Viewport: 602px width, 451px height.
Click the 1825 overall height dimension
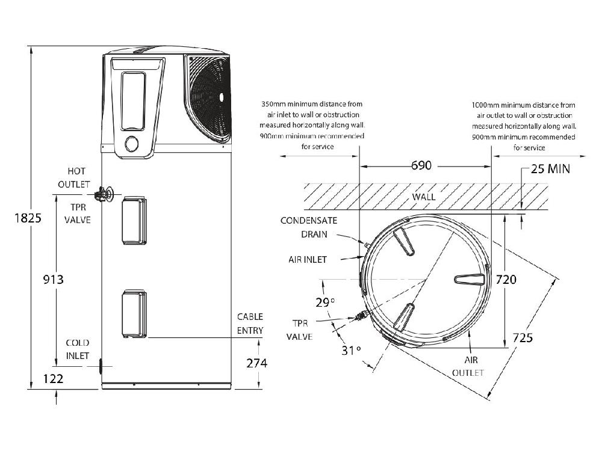click(x=28, y=218)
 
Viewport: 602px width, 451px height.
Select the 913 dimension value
click(x=53, y=280)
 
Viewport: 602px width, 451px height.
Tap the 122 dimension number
click(x=53, y=379)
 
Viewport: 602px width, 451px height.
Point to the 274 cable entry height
click(x=257, y=363)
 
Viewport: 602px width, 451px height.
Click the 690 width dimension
click(x=421, y=165)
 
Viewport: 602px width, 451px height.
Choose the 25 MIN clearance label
click(x=551, y=169)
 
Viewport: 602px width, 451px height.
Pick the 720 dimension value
click(x=506, y=280)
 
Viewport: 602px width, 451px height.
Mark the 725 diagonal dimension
click(x=523, y=337)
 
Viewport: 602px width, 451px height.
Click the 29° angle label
click(x=325, y=302)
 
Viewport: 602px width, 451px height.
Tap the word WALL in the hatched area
click(x=424, y=197)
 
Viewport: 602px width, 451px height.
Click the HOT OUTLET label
click(x=74, y=177)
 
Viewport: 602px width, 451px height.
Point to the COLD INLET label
click(x=78, y=349)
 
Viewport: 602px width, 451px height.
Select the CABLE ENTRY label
click(x=250, y=324)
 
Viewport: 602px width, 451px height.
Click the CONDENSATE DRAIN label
click(x=309, y=227)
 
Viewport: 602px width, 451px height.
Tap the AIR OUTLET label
click(x=468, y=366)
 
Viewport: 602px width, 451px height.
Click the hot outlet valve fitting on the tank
click(x=104, y=194)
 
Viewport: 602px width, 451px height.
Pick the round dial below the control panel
click(x=132, y=144)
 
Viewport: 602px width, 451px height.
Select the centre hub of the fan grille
click(x=221, y=97)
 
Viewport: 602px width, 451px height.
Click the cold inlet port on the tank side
click(x=101, y=366)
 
